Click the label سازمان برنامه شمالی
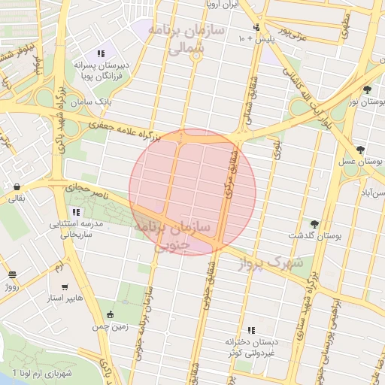176,39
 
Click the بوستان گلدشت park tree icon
314,224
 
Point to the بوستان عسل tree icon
361,150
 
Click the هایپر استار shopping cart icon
64,286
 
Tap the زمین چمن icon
111,314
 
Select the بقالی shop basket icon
16,186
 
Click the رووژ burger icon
11,275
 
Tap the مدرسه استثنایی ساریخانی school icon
75,212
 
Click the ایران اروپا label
221,4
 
